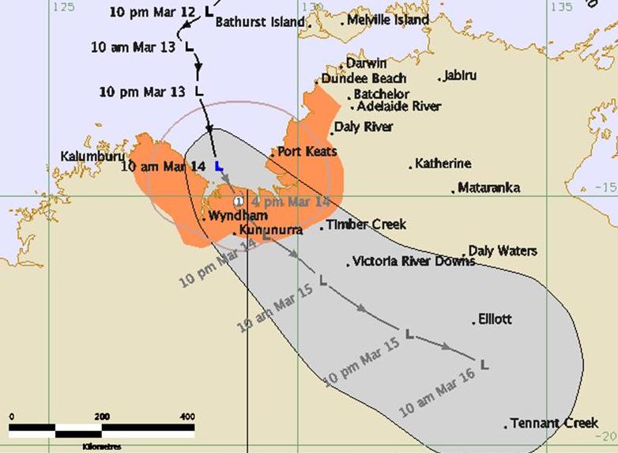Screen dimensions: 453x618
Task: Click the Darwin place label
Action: click(x=366, y=63)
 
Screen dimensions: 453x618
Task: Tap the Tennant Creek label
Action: click(x=553, y=423)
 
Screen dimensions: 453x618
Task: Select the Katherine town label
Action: click(x=443, y=164)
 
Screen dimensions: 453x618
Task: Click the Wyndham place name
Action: click(x=238, y=215)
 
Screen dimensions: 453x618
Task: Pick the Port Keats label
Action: click(x=307, y=151)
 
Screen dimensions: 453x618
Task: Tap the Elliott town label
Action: click(x=496, y=319)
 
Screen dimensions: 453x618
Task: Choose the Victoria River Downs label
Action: click(x=414, y=261)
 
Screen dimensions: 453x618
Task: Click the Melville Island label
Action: click(x=388, y=20)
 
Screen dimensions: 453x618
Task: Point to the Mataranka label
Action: click(x=489, y=188)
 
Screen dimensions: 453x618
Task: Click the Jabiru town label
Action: click(x=460, y=76)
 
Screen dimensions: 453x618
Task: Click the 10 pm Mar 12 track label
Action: click(x=153, y=13)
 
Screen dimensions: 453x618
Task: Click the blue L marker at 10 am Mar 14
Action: click(x=220, y=167)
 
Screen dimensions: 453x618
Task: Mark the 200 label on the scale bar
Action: click(x=101, y=417)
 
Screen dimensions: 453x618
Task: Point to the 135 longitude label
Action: click(x=562, y=7)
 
